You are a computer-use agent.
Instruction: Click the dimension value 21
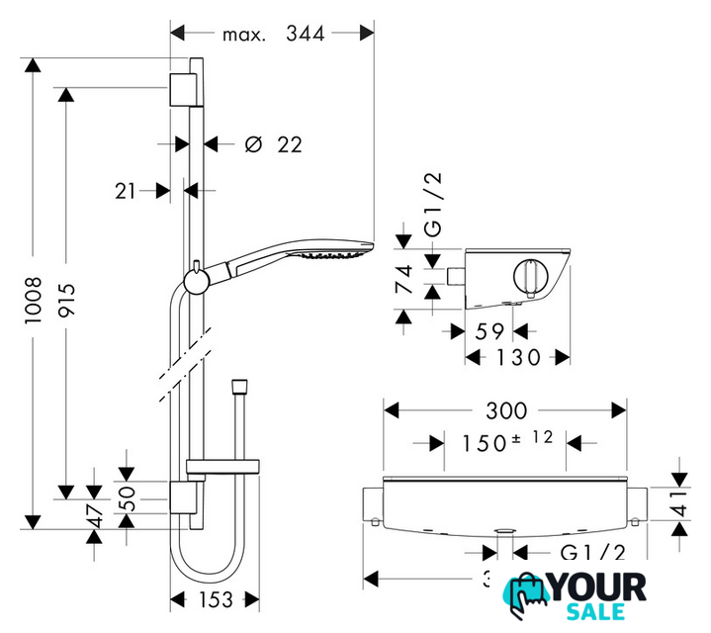[126, 191]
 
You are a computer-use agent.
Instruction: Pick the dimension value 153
[216, 600]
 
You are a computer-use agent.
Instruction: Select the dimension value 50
[127, 498]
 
